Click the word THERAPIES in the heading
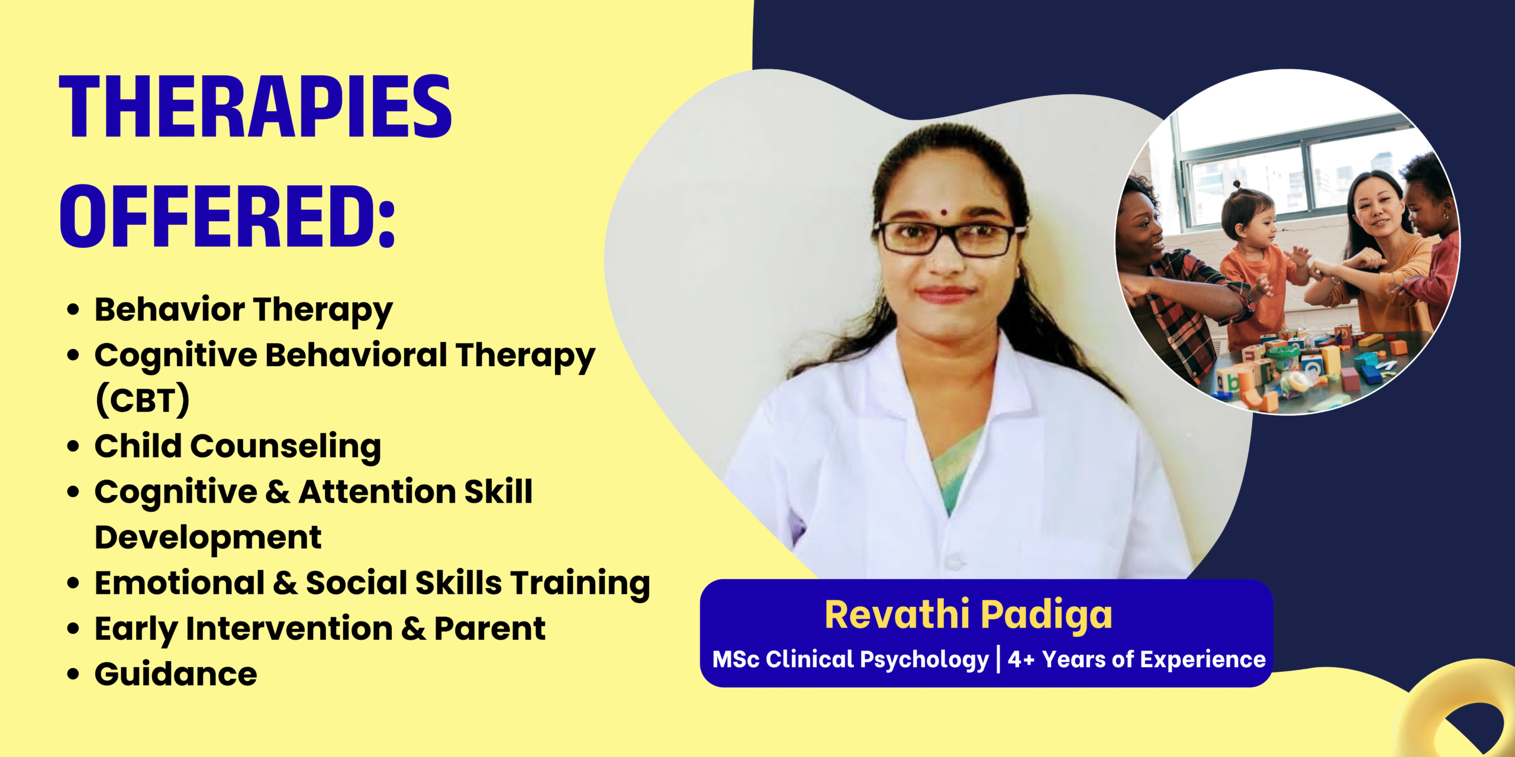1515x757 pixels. coord(256,107)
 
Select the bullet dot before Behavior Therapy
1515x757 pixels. coord(73,309)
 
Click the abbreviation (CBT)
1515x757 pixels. coord(143,400)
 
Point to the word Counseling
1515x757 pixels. coord(285,447)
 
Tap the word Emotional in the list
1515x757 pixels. coord(180,583)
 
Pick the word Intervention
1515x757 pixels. coord(289,628)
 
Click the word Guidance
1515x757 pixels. coord(176,674)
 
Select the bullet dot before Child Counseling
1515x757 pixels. coord(73,446)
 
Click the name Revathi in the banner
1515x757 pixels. coord(897,614)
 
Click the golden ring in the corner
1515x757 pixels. coord(1456,710)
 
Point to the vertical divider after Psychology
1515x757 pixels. coord(998,659)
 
